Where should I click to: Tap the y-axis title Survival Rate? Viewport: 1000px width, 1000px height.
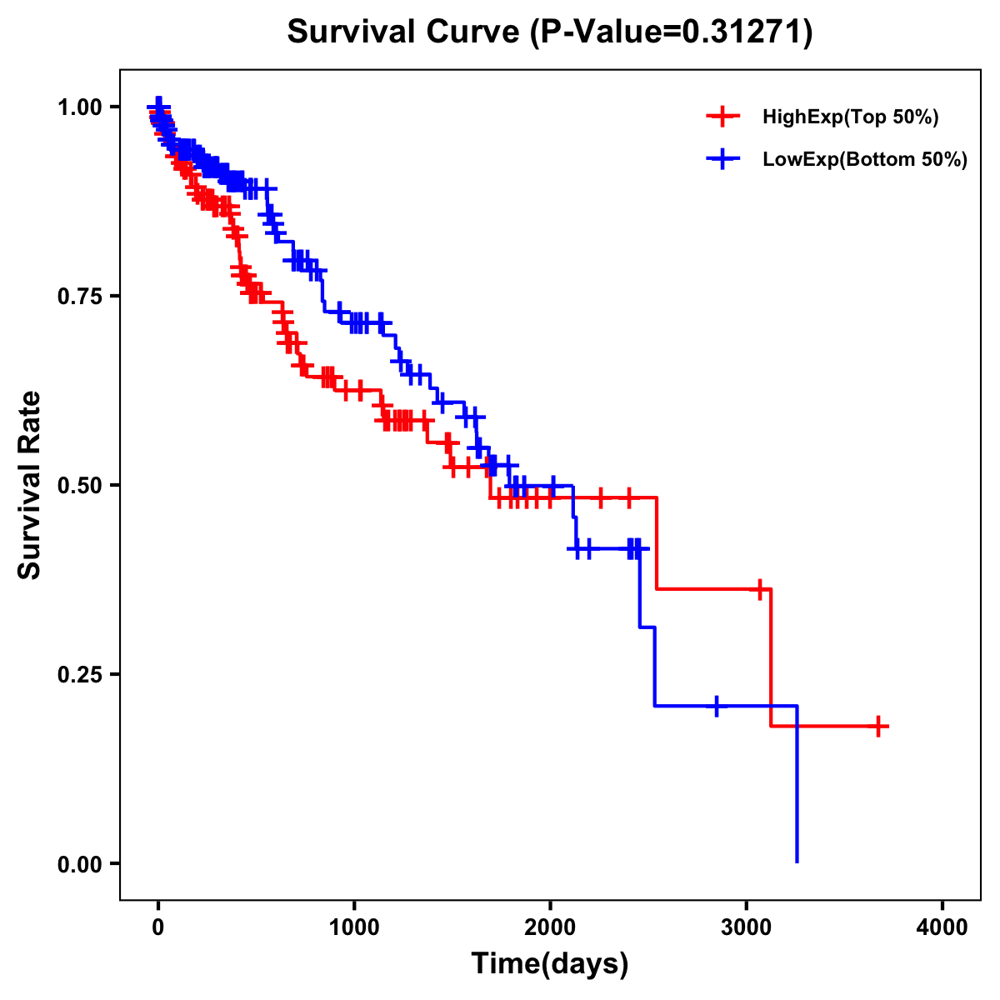pyautogui.click(x=30, y=484)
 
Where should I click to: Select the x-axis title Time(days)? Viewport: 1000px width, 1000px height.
pyautogui.click(x=549, y=964)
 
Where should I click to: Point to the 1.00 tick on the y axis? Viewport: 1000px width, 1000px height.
pyautogui.click(x=79, y=107)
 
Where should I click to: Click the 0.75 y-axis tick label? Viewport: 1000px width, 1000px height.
pyautogui.click(x=79, y=296)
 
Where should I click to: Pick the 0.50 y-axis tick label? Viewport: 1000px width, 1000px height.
pyautogui.click(x=79, y=485)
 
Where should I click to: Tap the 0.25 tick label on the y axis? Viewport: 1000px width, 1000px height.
pyautogui.click(x=79, y=674)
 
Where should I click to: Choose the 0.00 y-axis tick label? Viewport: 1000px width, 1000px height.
pyautogui.click(x=79, y=863)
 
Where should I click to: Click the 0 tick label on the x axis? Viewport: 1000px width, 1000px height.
pyautogui.click(x=158, y=927)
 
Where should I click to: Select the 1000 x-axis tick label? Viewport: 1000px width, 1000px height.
pyautogui.click(x=354, y=927)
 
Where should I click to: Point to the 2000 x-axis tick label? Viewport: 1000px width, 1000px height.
pyautogui.click(x=550, y=927)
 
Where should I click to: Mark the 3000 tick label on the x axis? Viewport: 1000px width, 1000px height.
pyautogui.click(x=747, y=927)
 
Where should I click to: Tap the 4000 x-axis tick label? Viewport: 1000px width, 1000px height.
pyautogui.click(x=942, y=927)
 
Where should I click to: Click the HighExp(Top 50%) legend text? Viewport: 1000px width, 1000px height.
pyautogui.click(x=850, y=117)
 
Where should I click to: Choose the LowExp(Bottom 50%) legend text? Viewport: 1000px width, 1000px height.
pyautogui.click(x=864, y=159)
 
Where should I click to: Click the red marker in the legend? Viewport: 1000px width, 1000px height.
pyautogui.click(x=722, y=117)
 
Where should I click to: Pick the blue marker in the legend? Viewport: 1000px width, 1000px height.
pyautogui.click(x=722, y=159)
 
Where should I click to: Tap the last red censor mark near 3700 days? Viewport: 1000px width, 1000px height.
pyautogui.click(x=878, y=727)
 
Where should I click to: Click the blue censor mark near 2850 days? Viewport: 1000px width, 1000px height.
pyautogui.click(x=716, y=706)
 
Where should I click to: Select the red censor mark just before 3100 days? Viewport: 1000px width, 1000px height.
pyautogui.click(x=759, y=589)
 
